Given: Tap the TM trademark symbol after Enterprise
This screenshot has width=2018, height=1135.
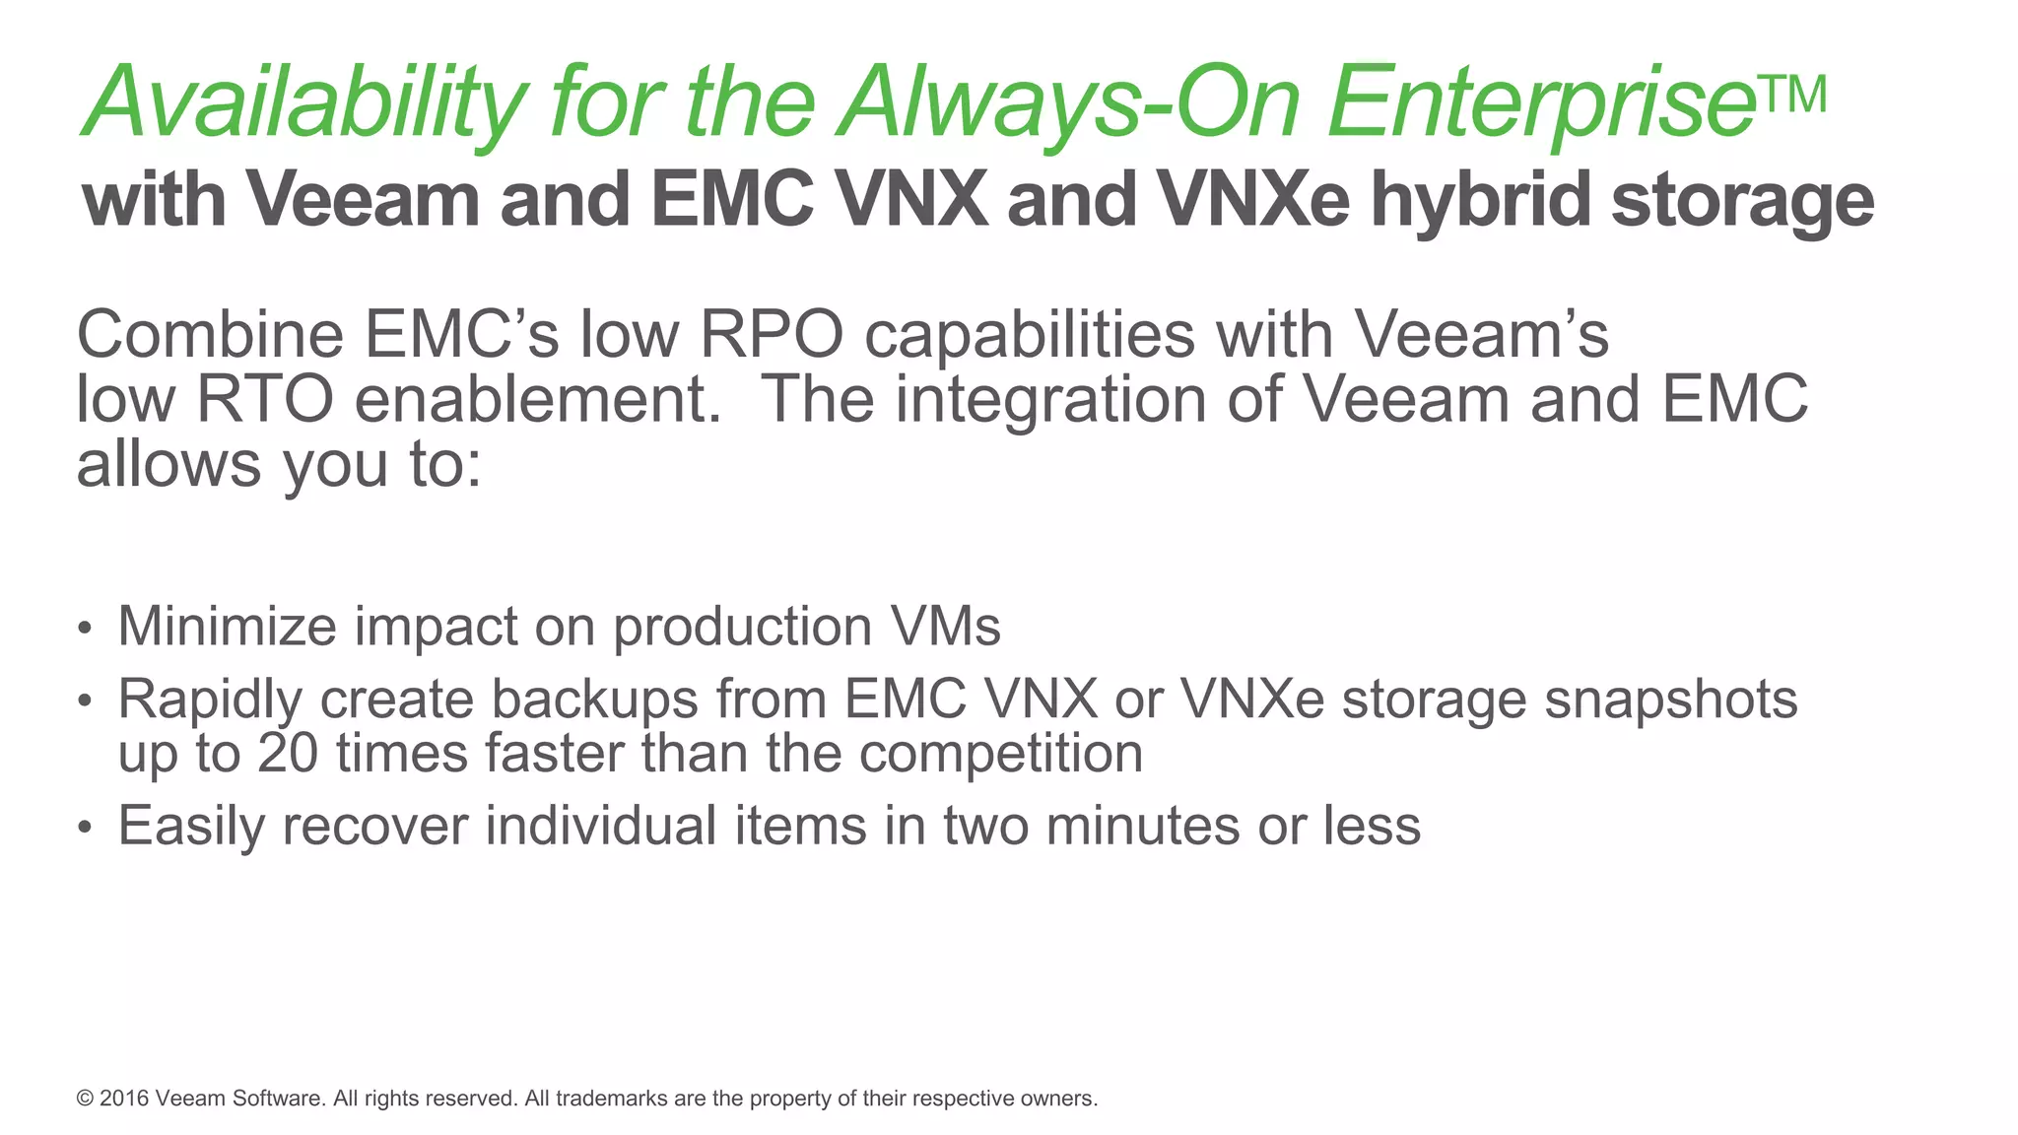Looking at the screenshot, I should (1789, 96).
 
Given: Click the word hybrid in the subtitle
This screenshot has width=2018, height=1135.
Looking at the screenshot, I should (1481, 200).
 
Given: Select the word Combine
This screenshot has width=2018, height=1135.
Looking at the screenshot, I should (210, 335).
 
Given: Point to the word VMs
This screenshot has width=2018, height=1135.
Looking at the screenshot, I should (945, 627).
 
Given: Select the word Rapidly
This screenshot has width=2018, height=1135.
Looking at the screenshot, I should (210, 701).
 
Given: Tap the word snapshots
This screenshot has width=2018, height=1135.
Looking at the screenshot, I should (1670, 701).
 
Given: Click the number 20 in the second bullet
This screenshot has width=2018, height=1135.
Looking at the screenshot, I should (288, 754).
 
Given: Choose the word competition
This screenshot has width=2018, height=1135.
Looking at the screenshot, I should (1000, 755).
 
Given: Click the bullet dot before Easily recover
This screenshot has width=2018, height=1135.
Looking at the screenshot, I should (86, 828).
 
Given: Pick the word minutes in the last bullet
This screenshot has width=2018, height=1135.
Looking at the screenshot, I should (1142, 826).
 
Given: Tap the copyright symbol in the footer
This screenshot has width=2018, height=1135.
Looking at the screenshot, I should (85, 1099).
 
